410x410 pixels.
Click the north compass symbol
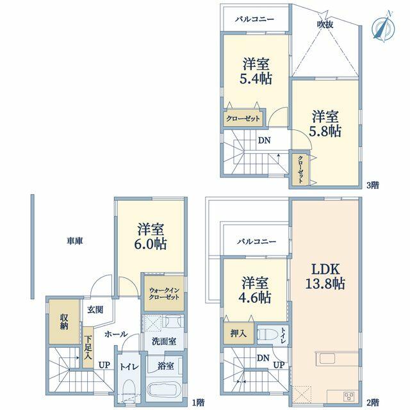point(384,27)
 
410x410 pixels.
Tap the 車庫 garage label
point(75,241)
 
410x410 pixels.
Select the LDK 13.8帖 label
point(325,276)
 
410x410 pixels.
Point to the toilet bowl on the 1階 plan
point(128,389)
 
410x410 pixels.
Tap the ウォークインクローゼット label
point(164,293)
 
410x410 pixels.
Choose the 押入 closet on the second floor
point(238,333)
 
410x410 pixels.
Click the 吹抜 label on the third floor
point(325,24)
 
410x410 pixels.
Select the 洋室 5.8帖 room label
point(325,124)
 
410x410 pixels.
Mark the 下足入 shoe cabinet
point(88,347)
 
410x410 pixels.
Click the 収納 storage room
point(64,322)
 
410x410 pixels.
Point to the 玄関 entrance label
point(95,310)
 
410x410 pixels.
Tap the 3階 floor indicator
point(373,185)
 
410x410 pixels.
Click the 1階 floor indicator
point(198,402)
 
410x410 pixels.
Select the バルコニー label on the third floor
point(254,19)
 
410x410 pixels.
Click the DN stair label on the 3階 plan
point(264,140)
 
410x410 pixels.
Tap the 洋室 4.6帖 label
point(256,290)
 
